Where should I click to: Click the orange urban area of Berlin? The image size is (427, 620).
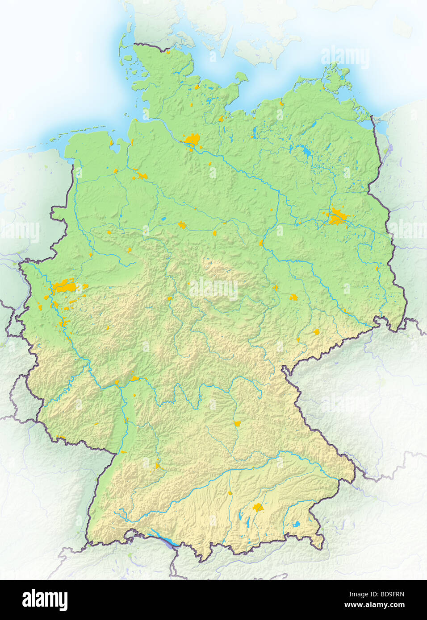pos(337,217)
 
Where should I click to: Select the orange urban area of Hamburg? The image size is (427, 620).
pos(193,140)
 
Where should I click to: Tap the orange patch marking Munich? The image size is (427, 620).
pos(257,507)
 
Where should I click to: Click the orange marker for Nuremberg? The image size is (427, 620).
pos(238,423)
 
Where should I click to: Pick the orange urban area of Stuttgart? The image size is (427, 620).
pos(158,467)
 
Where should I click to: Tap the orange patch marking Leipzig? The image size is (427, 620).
pos(293,297)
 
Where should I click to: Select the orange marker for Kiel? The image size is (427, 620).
pos(197,87)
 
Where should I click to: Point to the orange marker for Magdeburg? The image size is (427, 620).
pos(261,243)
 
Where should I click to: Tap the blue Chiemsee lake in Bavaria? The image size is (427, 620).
pos(297,524)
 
